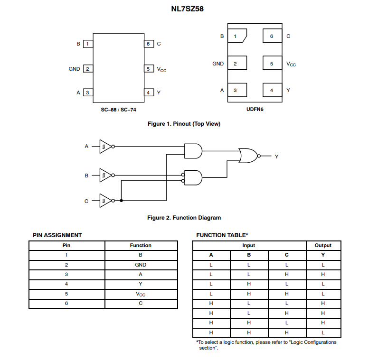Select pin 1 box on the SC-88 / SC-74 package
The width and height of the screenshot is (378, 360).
click(88, 44)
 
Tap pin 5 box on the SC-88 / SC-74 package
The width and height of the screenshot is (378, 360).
click(149, 69)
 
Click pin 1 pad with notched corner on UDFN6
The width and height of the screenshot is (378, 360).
click(236, 37)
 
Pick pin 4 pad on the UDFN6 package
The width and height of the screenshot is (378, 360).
click(272, 90)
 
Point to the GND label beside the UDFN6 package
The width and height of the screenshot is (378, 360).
click(218, 64)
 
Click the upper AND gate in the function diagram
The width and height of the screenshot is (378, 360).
click(193, 151)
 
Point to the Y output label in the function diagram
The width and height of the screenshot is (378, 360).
click(276, 156)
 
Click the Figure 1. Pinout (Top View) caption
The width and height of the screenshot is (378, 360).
click(184, 124)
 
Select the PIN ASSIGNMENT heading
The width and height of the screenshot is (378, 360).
click(57, 235)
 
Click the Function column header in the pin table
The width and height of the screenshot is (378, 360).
click(141, 246)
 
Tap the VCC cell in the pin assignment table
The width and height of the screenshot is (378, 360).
click(141, 294)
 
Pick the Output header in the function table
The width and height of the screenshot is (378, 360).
click(323, 246)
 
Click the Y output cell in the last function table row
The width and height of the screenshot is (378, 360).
click(323, 332)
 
